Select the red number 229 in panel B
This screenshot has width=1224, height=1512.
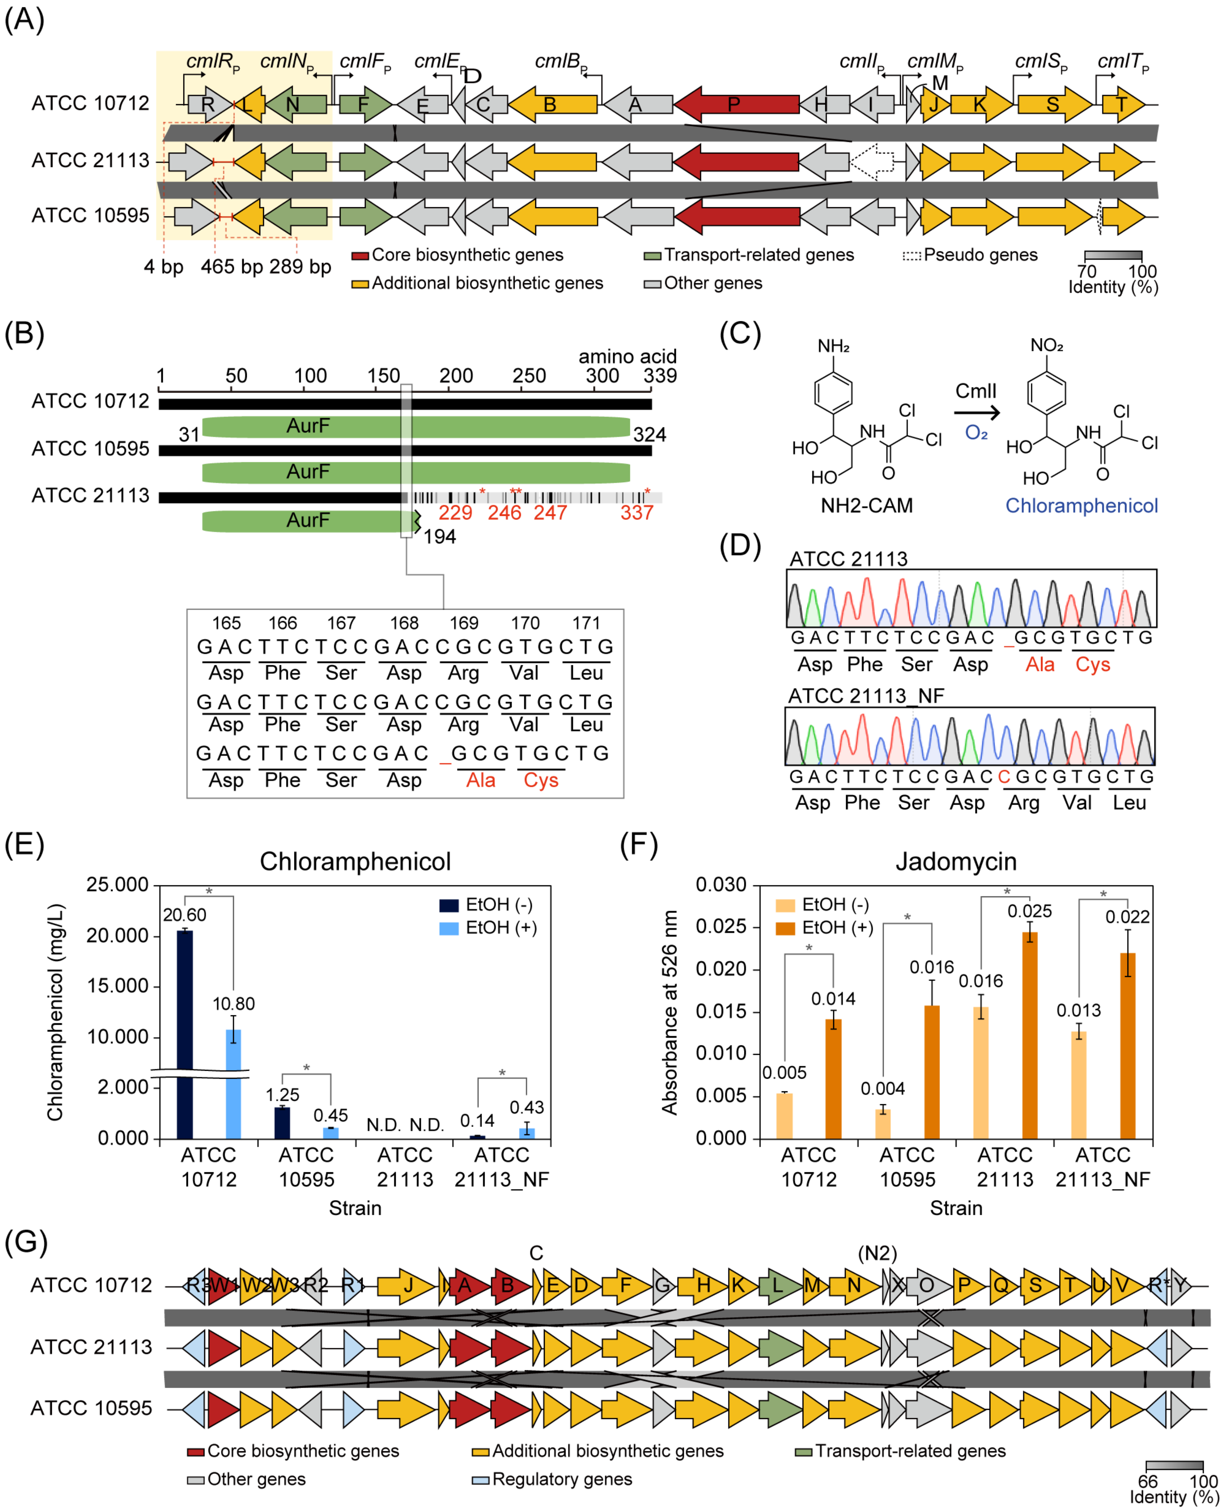pyautogui.click(x=456, y=513)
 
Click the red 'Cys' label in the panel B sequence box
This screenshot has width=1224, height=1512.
pyautogui.click(x=541, y=780)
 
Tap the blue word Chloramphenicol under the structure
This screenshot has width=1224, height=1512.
pyautogui.click(x=1081, y=506)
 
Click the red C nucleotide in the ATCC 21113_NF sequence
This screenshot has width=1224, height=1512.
pyautogui.click(x=1004, y=776)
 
